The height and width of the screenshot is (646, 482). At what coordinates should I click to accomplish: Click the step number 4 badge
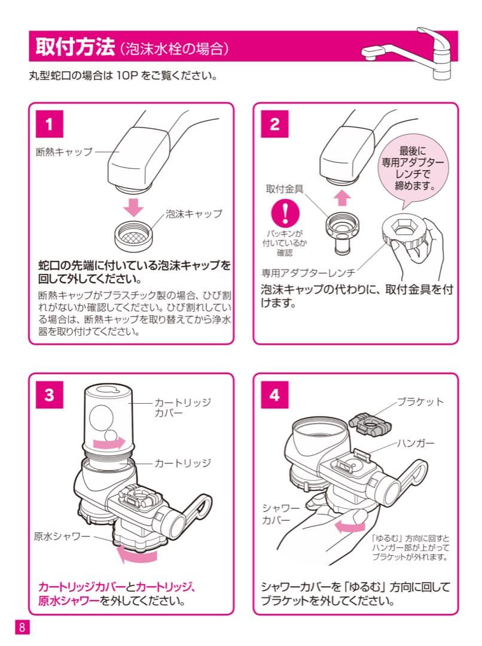(274, 395)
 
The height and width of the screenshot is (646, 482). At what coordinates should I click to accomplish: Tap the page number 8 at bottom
(22, 627)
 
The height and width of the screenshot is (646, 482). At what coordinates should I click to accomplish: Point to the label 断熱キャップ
(65, 151)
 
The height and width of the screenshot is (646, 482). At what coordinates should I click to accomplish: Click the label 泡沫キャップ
(193, 214)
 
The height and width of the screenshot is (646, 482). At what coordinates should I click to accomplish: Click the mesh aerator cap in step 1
(136, 232)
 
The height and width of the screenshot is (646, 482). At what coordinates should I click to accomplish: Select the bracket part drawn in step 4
(369, 422)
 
